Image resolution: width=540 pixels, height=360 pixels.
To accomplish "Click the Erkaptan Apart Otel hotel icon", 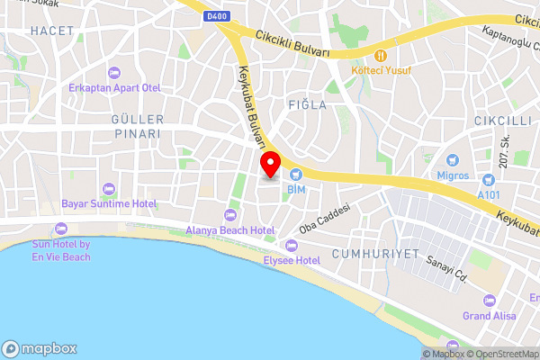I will coord(113,72).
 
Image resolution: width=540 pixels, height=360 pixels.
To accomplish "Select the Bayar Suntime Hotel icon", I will coord(109,187).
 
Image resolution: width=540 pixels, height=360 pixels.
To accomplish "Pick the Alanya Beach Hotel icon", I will coord(229,214).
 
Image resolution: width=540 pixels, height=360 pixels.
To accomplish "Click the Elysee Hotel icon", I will coord(291,245).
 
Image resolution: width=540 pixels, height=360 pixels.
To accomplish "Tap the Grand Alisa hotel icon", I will coord(489,300).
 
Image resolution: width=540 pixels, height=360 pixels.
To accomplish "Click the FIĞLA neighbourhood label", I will coord(307,105).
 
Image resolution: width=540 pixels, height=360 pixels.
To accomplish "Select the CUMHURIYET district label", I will coord(376,255).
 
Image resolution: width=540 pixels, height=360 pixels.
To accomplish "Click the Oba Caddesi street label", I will coord(323,219).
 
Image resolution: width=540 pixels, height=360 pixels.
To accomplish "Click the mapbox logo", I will coord(40,348).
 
